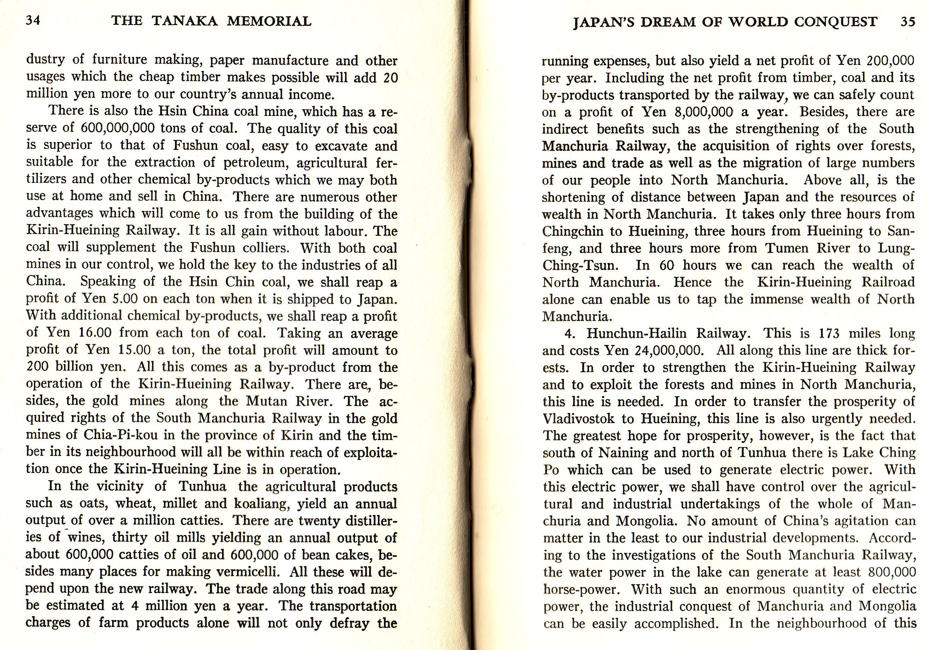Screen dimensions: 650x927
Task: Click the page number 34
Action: (33, 20)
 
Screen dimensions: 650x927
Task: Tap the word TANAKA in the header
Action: (185, 21)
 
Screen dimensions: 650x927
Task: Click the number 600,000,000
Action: (117, 128)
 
